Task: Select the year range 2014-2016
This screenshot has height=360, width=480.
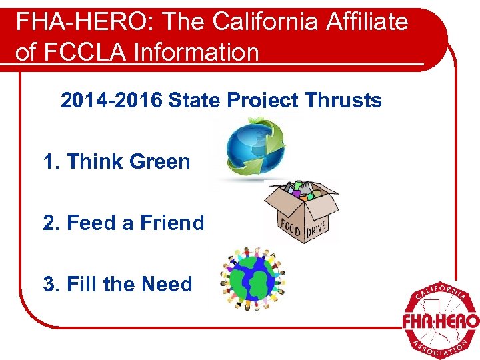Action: point(111,101)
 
